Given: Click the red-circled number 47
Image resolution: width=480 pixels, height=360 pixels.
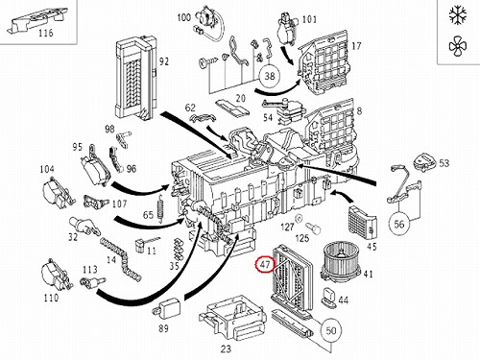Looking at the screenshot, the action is tap(265, 265).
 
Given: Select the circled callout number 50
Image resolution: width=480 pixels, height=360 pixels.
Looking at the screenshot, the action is tap(331, 330).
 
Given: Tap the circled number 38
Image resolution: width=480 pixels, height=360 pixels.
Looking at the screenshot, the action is tap(270, 76).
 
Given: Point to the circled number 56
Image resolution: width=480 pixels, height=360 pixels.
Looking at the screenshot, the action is tap(399, 224).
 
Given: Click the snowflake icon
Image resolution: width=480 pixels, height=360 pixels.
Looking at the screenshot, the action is tap(458, 15).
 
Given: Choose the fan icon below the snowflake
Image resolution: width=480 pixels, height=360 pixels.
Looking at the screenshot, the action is tap(458, 46).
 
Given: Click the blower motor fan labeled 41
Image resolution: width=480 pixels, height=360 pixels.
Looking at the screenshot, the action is tap(341, 262).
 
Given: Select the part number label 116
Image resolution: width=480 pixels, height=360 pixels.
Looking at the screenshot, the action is tap(46, 33).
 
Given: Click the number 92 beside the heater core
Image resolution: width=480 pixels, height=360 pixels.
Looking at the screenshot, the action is tap(163, 61).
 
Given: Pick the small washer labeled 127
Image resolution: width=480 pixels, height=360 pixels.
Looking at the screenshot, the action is tap(299, 219).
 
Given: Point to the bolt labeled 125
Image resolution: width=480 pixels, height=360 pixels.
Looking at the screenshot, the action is tap(313, 228).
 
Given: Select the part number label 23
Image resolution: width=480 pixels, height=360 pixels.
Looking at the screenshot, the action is tap(226, 348).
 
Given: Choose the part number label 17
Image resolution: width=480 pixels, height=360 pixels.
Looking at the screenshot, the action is tap(356, 46).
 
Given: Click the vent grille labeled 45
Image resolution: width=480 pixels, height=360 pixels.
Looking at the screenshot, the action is tap(362, 223).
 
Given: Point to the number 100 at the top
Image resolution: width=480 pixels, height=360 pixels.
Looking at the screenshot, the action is tap(184, 17).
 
